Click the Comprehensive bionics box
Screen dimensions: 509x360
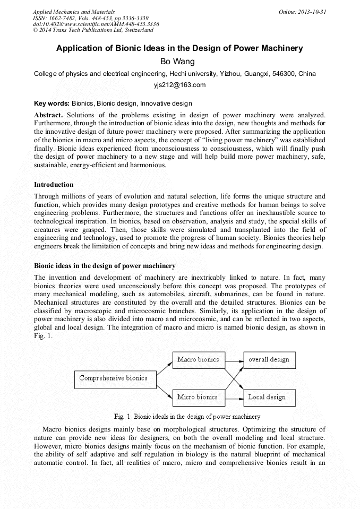coord(113,378)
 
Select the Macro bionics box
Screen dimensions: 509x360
coord(198,360)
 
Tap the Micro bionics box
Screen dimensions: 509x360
coord(198,397)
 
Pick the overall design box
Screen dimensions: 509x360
coord(269,360)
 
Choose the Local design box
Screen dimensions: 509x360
coord(269,397)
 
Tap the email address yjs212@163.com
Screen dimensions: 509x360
coord(179,85)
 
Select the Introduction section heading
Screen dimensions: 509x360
coord(54,185)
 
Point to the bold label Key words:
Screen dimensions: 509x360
coord(52,103)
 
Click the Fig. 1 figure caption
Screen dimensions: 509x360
coord(179,417)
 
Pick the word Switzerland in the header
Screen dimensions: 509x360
coord(135,30)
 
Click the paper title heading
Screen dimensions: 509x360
coord(179,48)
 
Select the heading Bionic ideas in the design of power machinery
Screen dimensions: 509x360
coord(105,265)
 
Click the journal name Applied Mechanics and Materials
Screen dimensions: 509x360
coord(73,12)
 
